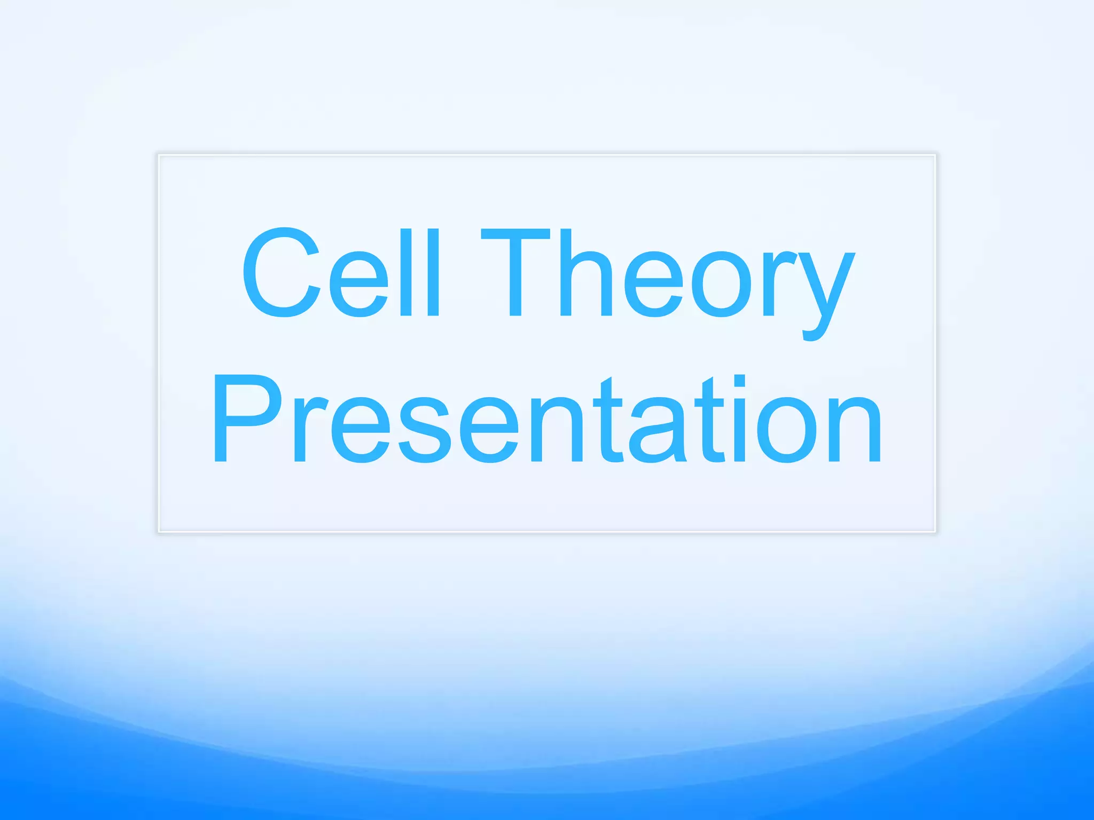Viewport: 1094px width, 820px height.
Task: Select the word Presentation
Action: tap(547, 419)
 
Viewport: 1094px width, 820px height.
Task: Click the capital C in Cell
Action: tap(281, 272)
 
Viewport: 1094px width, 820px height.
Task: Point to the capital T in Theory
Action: tap(515, 272)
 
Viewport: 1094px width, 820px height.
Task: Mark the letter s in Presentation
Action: tap(425, 430)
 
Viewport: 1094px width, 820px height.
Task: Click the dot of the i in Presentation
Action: tap(739, 381)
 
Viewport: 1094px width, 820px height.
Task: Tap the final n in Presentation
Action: tap(855, 430)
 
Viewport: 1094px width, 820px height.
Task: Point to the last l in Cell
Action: tap(433, 272)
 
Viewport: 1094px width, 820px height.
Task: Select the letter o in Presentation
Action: tap(788, 430)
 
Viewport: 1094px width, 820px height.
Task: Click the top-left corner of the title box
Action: tap(159, 155)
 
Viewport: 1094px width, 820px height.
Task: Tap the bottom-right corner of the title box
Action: tap(935, 531)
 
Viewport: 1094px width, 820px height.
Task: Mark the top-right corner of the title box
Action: tap(935, 155)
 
